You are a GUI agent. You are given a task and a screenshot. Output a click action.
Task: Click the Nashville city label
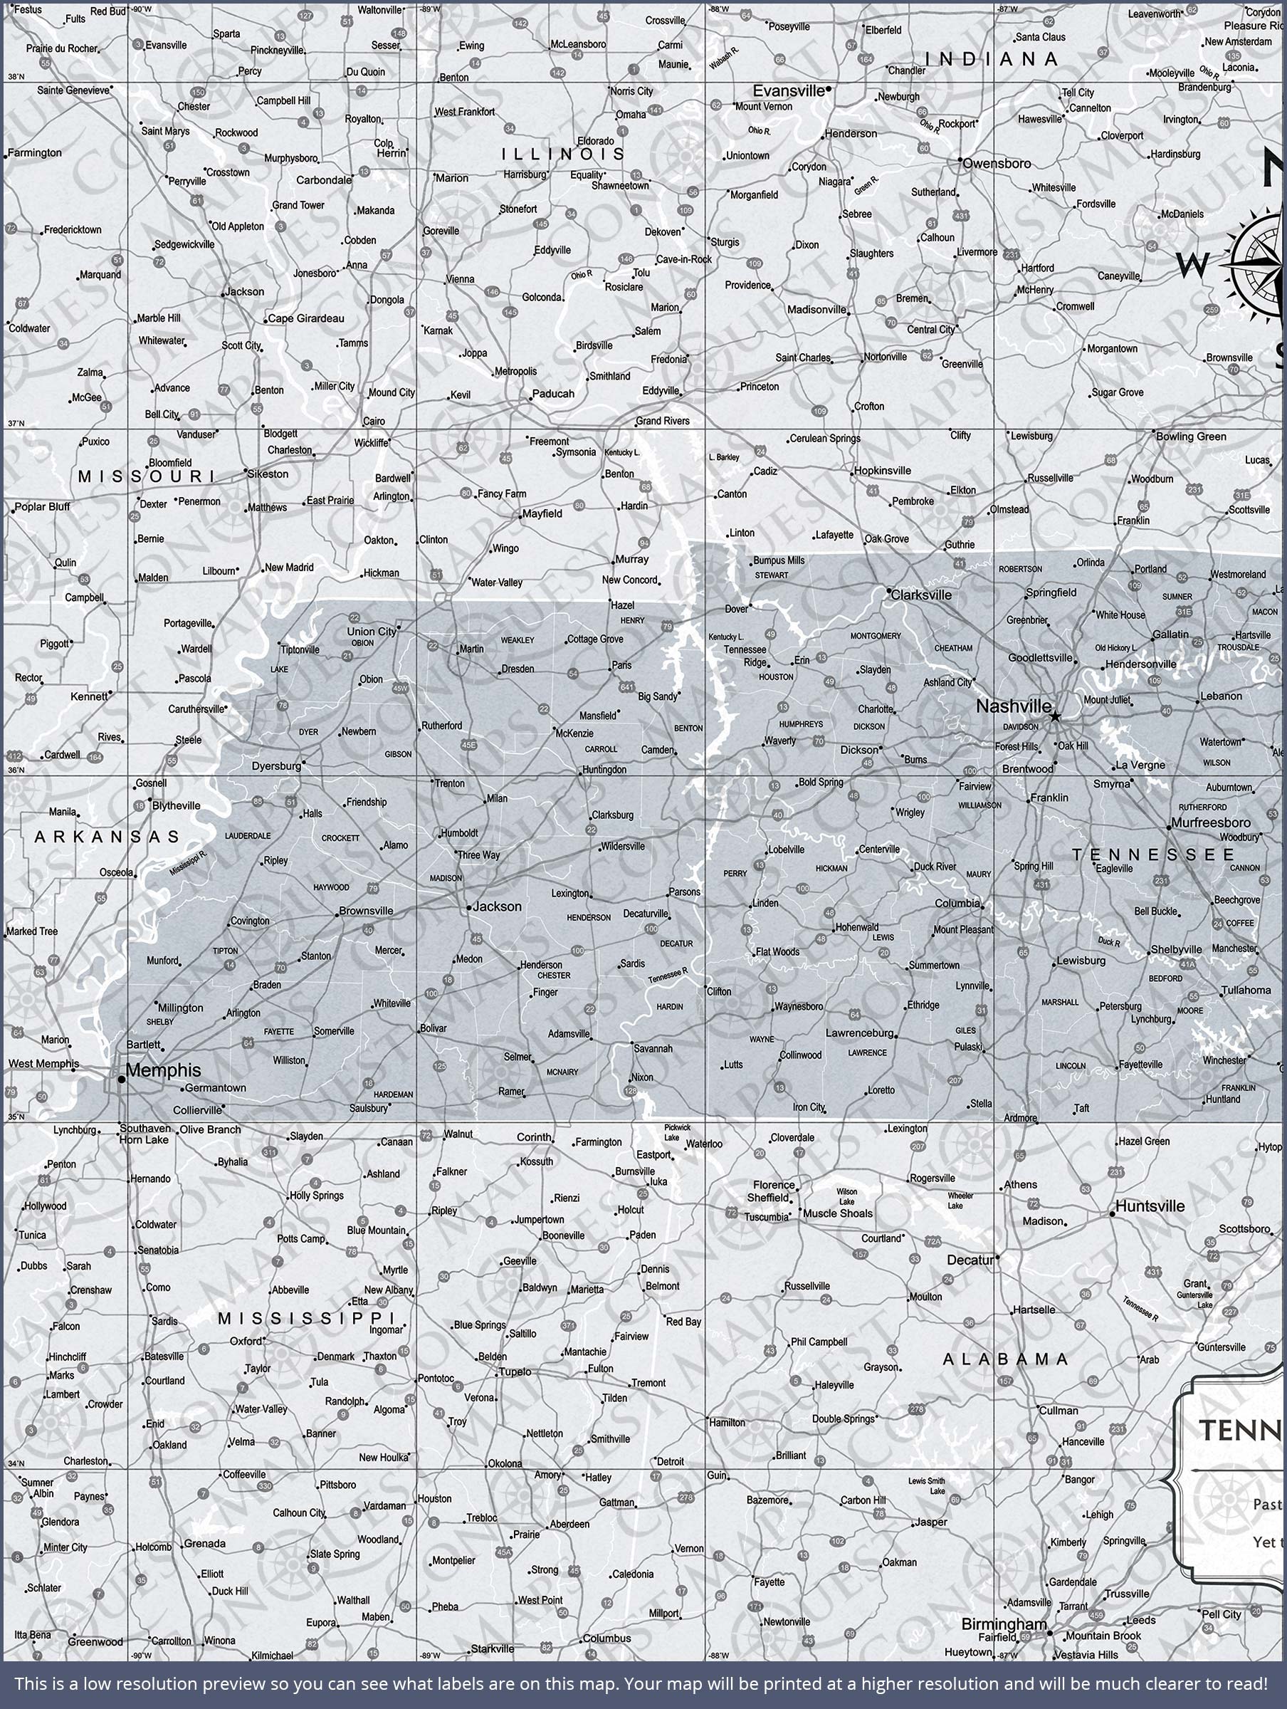[1013, 706]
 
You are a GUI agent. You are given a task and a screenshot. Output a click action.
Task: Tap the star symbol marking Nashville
[1055, 717]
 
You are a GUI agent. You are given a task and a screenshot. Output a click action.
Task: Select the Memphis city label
[163, 1070]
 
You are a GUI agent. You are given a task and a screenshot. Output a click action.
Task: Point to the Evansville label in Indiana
[788, 90]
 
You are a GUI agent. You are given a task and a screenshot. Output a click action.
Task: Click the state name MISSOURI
[146, 476]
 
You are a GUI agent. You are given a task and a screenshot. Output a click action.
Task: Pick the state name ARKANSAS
[107, 837]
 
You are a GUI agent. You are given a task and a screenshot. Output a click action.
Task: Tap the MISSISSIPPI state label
[307, 1318]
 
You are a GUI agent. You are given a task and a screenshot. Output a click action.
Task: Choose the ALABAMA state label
[1005, 1359]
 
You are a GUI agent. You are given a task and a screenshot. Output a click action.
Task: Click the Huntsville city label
[1150, 1206]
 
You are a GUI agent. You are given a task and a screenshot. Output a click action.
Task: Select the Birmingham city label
[1004, 1624]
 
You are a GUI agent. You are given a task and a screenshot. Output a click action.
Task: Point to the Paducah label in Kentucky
[553, 393]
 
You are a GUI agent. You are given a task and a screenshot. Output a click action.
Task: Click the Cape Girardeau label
[306, 318]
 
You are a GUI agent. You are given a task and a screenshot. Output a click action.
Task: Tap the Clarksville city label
[921, 595]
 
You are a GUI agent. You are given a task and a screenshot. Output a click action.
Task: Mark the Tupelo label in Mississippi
[515, 1372]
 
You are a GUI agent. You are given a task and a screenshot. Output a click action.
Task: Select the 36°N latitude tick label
[15, 770]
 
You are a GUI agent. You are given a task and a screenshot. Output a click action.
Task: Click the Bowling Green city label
[1190, 437]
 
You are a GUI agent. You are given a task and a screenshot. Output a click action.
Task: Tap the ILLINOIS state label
[563, 154]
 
